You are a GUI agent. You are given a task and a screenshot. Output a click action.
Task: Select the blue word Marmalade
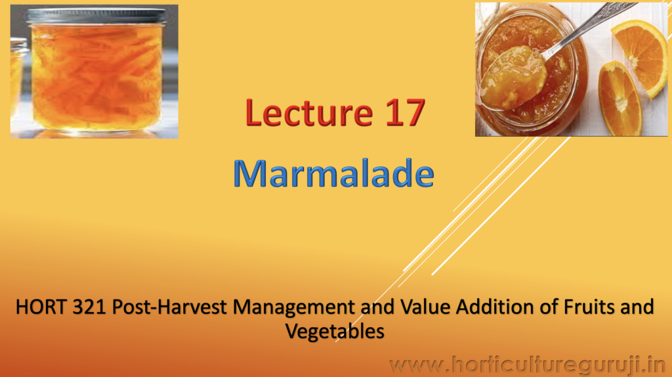[334, 173]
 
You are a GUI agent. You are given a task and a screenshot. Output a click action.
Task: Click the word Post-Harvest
[169, 307]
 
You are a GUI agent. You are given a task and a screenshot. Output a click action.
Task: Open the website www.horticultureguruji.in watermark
[528, 365]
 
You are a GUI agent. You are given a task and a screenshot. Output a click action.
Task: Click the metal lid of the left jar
[96, 16]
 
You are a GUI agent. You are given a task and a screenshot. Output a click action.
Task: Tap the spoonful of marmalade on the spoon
[512, 78]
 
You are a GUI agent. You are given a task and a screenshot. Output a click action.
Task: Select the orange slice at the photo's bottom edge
[619, 99]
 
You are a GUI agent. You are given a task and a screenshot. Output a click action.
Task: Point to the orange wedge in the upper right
[639, 56]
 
